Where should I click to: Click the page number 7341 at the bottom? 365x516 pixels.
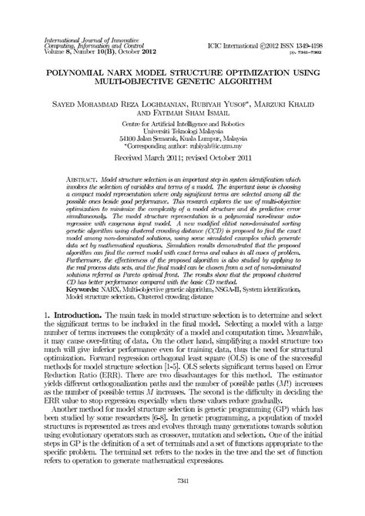182,501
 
